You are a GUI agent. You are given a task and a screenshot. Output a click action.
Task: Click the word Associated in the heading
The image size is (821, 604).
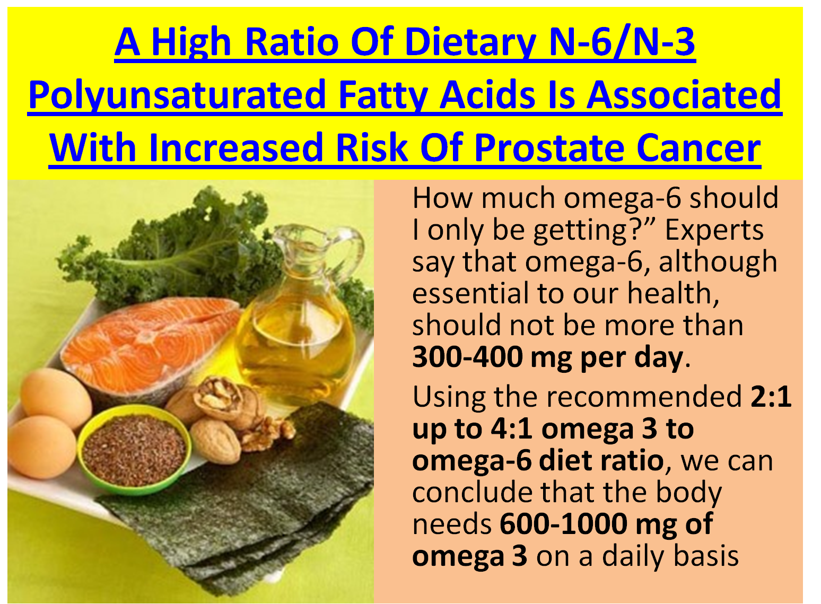[x=684, y=95]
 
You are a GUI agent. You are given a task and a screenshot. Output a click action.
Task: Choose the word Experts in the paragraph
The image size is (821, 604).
[x=714, y=230]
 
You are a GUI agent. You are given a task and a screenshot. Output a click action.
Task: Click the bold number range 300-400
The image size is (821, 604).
[x=467, y=357]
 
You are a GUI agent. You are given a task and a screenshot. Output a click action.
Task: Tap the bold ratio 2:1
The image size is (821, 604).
[x=771, y=396]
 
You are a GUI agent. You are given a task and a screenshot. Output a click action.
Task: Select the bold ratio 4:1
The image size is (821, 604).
[x=511, y=428]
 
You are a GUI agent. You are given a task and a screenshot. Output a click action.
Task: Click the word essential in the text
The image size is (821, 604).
[x=470, y=293]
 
